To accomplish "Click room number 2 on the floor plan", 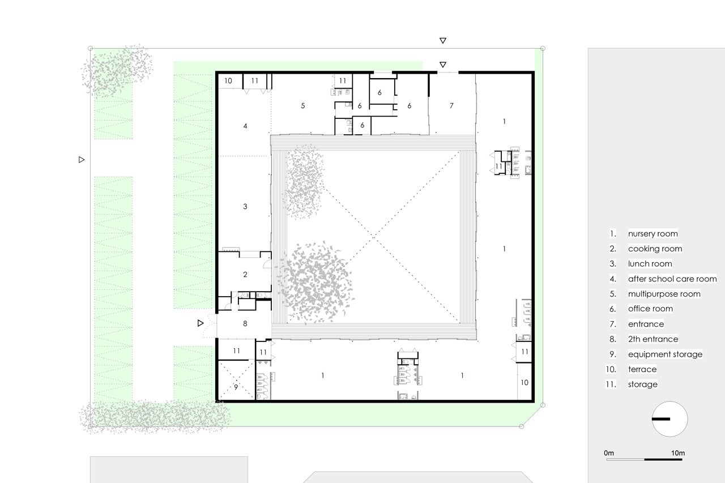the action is coord(245,274).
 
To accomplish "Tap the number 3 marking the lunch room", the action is coord(245,207).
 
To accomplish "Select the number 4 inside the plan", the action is coord(245,126).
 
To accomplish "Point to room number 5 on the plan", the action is coord(303,105).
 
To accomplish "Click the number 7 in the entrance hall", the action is coord(451,105).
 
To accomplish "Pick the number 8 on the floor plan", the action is coord(245,323).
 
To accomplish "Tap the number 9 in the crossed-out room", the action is coord(236,387).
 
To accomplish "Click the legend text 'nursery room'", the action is coord(653,234).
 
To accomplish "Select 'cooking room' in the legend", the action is coord(655,249).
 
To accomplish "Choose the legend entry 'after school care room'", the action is coord(672,279).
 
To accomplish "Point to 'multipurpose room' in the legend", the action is coord(664,294).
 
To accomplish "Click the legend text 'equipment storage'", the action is coord(665,354).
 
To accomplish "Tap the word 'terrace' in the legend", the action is coord(642,369).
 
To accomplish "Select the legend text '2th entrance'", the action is coord(653,339).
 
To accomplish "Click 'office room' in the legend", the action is coord(650,309).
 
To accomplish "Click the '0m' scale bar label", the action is coord(609,453).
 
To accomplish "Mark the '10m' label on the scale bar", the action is coord(678,453).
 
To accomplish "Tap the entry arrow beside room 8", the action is coord(201,323).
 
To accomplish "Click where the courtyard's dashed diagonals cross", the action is coord(374,237).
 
